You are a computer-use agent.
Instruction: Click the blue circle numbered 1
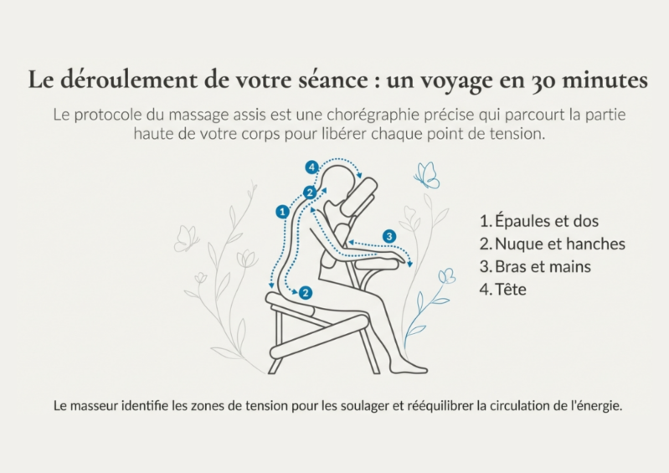[x=282, y=212]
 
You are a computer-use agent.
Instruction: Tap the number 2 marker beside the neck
[x=310, y=193]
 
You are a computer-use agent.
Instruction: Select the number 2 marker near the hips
[x=306, y=292]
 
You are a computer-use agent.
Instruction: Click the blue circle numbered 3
[x=389, y=236]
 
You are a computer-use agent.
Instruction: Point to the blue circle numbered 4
[x=311, y=167]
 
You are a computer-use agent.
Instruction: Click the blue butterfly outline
[x=427, y=175]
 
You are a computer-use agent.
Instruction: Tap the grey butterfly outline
[x=186, y=239]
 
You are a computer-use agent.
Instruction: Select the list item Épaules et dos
[x=539, y=221]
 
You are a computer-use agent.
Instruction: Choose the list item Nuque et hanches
[x=552, y=244]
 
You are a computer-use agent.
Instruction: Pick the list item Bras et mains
[x=535, y=266]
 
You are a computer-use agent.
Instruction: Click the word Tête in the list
[x=511, y=289]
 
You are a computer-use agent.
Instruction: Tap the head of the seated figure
[x=339, y=184]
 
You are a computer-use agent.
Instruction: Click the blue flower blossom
[x=447, y=276]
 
